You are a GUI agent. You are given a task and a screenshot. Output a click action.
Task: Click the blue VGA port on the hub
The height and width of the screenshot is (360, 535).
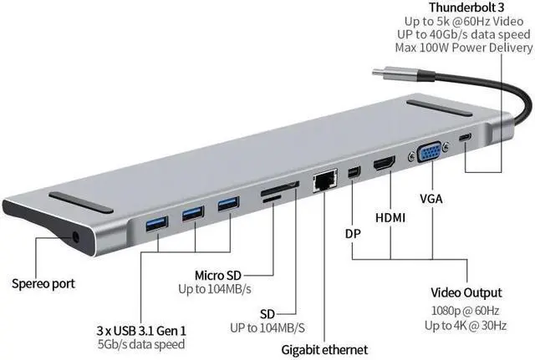tap(429, 155)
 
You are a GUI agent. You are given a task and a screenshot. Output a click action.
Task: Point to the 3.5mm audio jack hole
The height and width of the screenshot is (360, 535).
tap(78, 236)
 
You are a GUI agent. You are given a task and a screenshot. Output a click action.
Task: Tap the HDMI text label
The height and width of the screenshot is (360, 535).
tap(391, 218)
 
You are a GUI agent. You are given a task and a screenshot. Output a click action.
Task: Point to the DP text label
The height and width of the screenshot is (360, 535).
tap(353, 233)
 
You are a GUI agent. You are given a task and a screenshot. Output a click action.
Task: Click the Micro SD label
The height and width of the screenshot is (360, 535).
tap(220, 275)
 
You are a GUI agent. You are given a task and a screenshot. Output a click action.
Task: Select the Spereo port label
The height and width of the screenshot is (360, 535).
tap(43, 283)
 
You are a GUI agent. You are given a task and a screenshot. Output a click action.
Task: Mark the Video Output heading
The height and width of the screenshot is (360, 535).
tap(466, 293)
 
